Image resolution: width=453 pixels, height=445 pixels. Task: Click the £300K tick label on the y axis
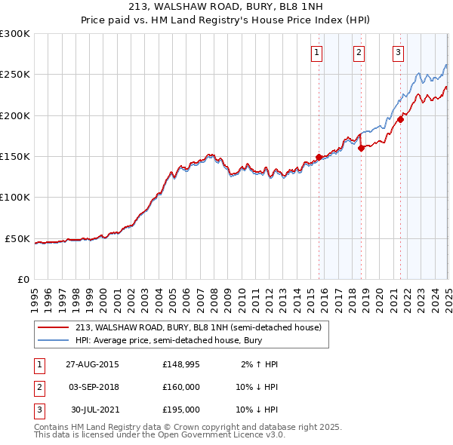pos(15,34)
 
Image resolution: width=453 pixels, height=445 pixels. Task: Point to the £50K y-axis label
pos(18,238)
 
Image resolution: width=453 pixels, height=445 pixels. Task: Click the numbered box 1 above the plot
pos(316,53)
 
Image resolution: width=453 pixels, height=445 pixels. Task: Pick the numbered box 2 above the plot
pos(358,53)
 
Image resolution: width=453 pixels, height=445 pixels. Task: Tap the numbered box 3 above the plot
pos(398,53)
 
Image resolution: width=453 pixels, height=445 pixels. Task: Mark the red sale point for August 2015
pos(319,157)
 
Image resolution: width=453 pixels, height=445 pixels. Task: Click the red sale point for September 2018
pos(361,148)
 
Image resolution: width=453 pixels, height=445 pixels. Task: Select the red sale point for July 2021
pos(401,119)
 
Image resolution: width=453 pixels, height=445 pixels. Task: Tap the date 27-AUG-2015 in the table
pos(92,364)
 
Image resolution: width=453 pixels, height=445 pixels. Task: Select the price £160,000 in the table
pos(181,387)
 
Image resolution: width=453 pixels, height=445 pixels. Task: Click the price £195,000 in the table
pos(181,410)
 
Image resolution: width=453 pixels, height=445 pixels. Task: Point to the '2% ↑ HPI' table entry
pos(260,364)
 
